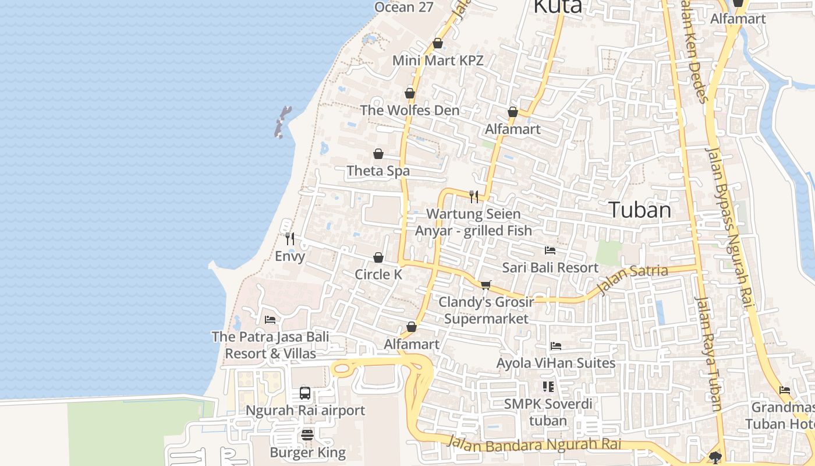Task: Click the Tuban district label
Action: pos(640,210)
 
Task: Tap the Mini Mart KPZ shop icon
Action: pos(438,44)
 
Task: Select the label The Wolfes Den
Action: pos(409,110)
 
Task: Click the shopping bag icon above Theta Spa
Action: pos(378,154)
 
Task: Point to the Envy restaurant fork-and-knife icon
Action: pos(290,238)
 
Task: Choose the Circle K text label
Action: pos(378,274)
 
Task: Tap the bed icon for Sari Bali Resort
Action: pos(550,250)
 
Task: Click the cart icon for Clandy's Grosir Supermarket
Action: pos(486,285)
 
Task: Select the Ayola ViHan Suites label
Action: pos(555,363)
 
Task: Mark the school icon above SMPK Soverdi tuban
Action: pos(548,386)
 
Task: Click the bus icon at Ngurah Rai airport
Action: pos(305,393)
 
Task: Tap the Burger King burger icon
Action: pos(307,435)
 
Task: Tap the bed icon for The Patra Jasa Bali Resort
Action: pos(270,319)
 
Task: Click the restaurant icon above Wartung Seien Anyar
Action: pos(474,196)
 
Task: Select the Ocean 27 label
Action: pos(403,7)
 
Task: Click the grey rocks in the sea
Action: pos(282,122)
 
